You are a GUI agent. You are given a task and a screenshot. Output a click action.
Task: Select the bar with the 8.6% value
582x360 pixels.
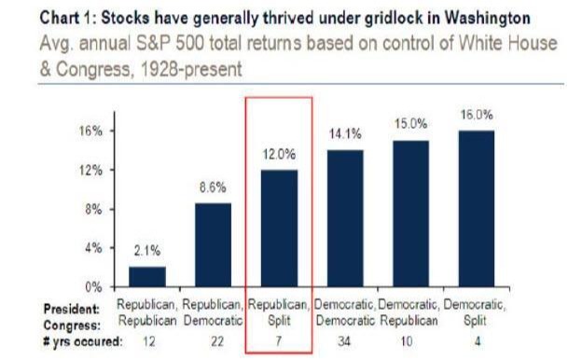212,244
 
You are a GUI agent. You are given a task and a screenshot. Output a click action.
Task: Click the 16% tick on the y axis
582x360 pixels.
89,132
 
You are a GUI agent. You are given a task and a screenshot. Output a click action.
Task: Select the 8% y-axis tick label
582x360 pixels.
91,209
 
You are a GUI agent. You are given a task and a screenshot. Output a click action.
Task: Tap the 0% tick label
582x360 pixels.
91,286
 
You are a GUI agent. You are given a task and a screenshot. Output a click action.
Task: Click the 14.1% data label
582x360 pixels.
344,134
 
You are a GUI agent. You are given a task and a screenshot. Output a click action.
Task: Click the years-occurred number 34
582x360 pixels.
344,340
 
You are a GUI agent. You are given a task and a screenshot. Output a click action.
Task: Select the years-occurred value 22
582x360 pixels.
212,340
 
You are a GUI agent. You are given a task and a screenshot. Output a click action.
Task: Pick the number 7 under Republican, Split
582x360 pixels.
278,340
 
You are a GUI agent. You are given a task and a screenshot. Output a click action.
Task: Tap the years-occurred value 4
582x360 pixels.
477,340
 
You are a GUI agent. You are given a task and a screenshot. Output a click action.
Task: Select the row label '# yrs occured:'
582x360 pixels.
82,340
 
